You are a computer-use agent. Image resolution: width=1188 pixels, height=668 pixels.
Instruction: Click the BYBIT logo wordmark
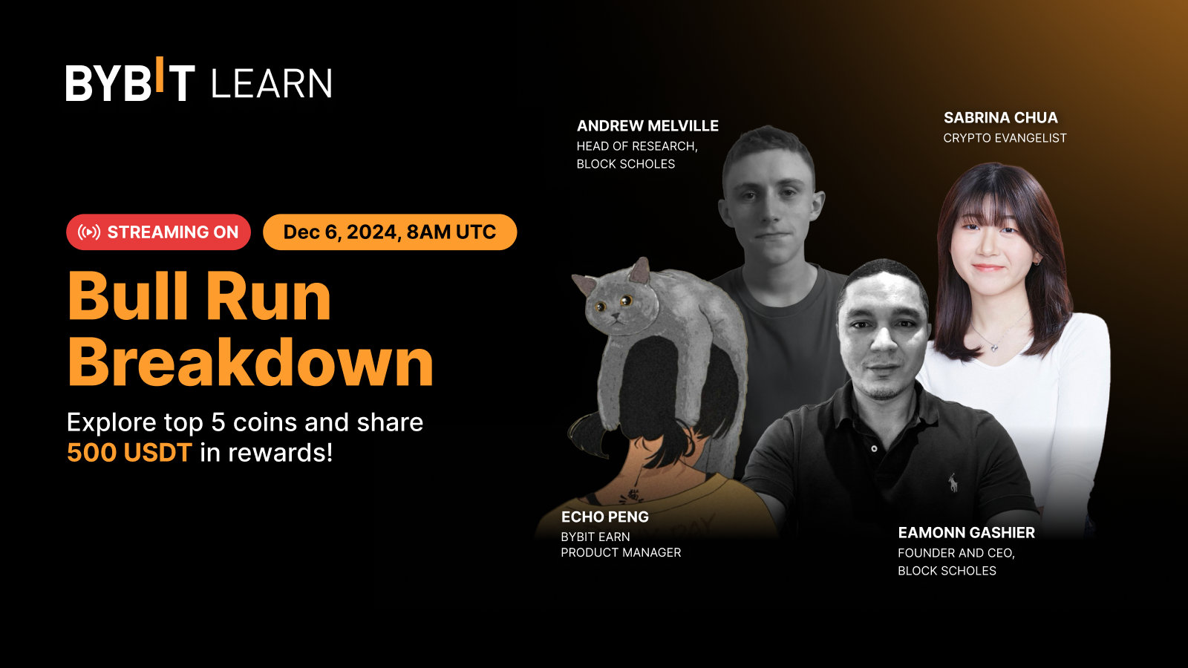[x=131, y=79]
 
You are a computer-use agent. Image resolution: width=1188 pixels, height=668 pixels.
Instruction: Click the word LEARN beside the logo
[x=272, y=83]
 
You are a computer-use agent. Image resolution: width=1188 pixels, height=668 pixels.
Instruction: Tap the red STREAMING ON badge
[x=158, y=232]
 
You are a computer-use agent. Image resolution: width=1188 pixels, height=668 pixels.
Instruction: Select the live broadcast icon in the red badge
[x=88, y=232]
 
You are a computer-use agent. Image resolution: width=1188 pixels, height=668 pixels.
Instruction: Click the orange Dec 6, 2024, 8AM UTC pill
[x=390, y=232]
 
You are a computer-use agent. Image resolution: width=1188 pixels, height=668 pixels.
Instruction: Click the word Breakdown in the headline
[x=250, y=362]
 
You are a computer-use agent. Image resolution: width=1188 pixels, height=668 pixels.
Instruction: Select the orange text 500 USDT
[x=129, y=453]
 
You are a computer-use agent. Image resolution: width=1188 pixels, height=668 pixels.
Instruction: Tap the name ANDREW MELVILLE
[x=647, y=125]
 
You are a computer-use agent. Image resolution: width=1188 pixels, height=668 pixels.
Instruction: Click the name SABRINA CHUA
[x=1000, y=117]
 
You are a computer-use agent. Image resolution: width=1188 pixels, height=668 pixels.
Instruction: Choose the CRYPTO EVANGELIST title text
[x=1005, y=138]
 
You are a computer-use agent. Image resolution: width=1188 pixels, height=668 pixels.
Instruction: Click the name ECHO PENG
[x=604, y=517]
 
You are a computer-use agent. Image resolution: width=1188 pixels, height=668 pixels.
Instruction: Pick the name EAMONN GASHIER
[x=966, y=532]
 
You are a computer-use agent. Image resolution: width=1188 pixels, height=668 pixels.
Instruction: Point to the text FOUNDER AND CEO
[x=956, y=553]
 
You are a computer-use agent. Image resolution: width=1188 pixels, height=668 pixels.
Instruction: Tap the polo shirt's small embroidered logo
[x=953, y=482]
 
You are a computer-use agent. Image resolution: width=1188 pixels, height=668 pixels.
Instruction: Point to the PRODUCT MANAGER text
[x=621, y=552]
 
